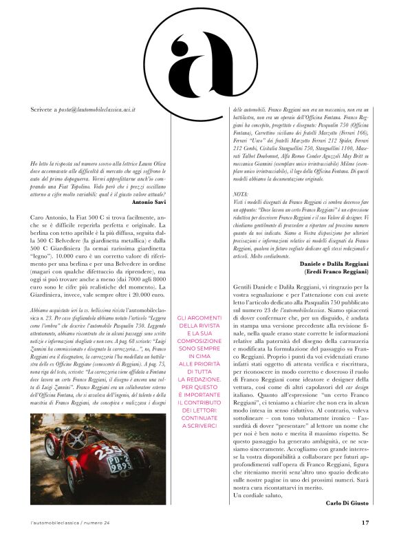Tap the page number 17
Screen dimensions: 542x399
pos(365,522)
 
